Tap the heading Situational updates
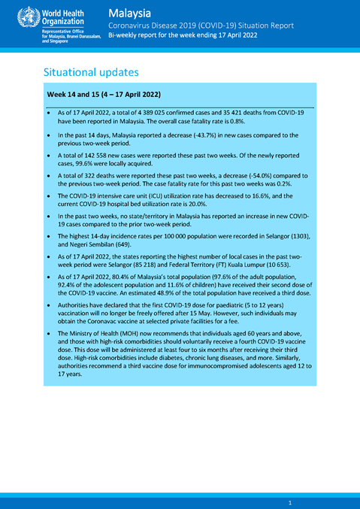(x=90, y=72)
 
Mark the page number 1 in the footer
(x=289, y=501)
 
